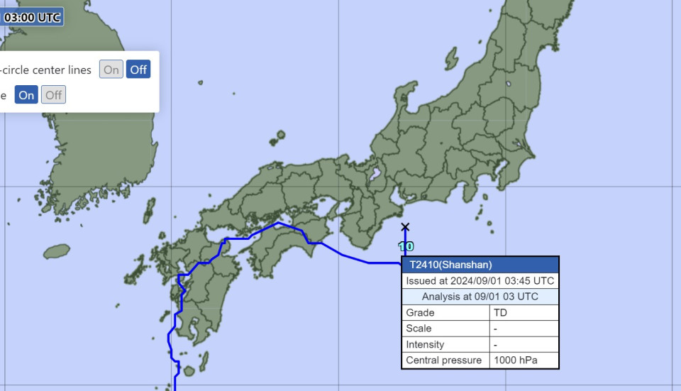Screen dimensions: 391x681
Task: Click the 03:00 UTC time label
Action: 32,17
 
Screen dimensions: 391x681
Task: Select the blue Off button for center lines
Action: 138,70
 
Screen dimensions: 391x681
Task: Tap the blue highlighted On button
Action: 26,95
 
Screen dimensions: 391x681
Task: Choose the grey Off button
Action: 53,95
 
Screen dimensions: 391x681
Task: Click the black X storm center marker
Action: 405,227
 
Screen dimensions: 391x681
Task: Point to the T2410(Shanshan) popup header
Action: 480,265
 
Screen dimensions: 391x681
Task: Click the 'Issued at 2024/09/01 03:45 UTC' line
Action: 480,281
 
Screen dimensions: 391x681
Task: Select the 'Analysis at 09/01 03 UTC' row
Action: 480,297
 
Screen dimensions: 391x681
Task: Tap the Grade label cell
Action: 445,313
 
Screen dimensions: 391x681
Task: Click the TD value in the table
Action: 524,313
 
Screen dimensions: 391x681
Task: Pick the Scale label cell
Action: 445,329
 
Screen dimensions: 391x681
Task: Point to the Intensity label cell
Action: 445,345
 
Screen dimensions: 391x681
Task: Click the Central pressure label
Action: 445,360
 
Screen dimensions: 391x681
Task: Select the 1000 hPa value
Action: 524,360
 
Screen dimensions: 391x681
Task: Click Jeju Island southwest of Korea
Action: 57,251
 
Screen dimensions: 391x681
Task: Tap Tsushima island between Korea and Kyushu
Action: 149,211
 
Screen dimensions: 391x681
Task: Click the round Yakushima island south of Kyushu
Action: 189,370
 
